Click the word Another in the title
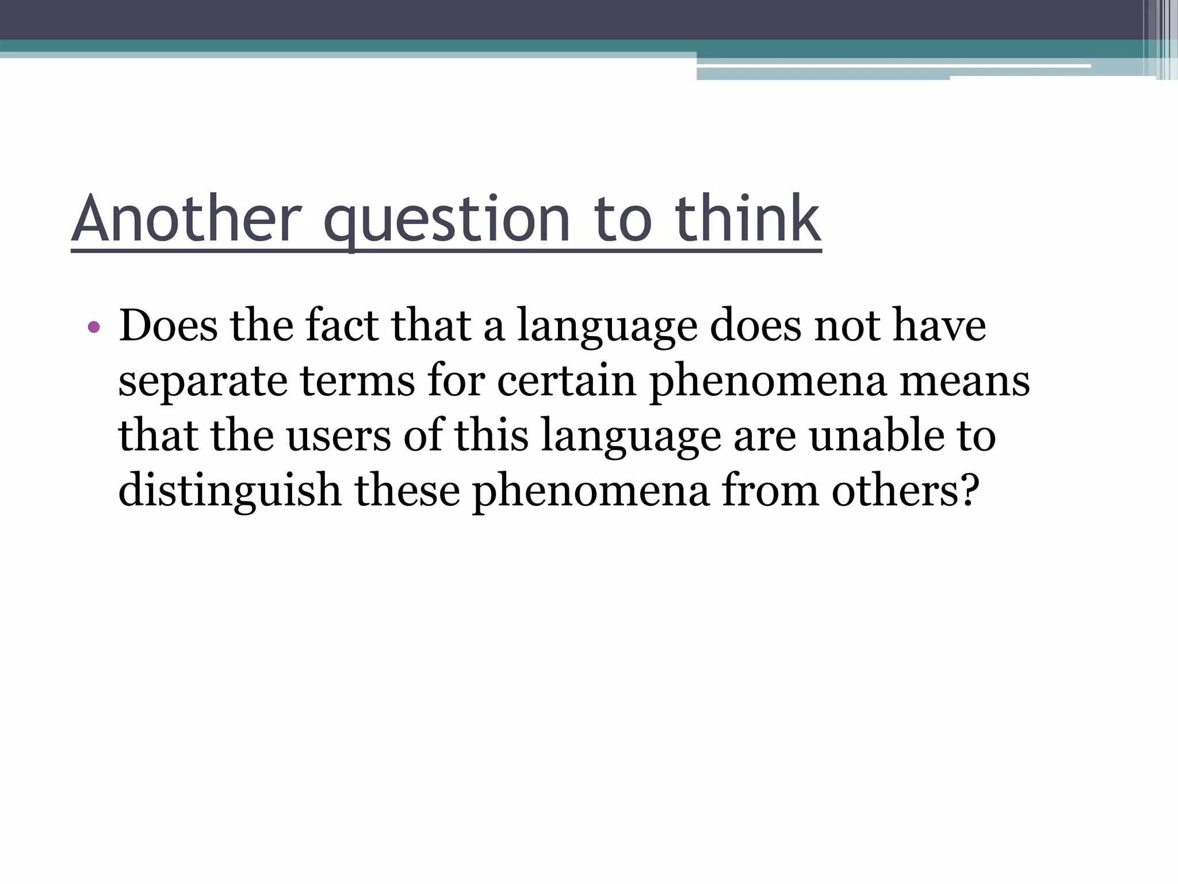[x=187, y=219]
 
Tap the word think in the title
[x=747, y=219]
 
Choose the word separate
[x=202, y=382]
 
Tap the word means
[x=965, y=382]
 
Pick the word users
[x=339, y=436]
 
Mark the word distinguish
[x=230, y=491]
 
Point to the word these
[x=407, y=490]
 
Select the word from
[x=770, y=490]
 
